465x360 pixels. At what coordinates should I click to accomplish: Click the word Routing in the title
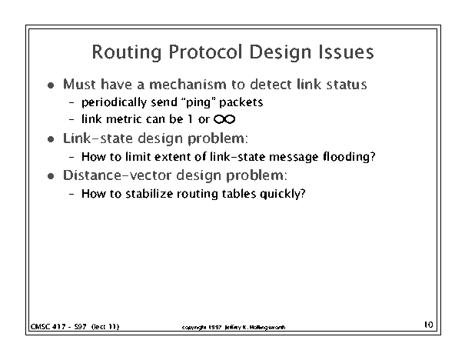(x=127, y=52)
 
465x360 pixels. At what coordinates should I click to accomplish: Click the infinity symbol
(x=224, y=119)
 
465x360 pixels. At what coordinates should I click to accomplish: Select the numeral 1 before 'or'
(x=190, y=119)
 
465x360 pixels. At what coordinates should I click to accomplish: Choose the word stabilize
(x=149, y=194)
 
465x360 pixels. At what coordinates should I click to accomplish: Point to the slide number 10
(x=429, y=325)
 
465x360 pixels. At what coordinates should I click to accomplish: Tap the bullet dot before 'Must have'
(x=51, y=85)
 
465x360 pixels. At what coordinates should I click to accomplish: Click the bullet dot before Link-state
(x=51, y=139)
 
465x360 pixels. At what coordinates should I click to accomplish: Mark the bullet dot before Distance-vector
(x=51, y=176)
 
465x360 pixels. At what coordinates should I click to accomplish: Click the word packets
(x=241, y=102)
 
